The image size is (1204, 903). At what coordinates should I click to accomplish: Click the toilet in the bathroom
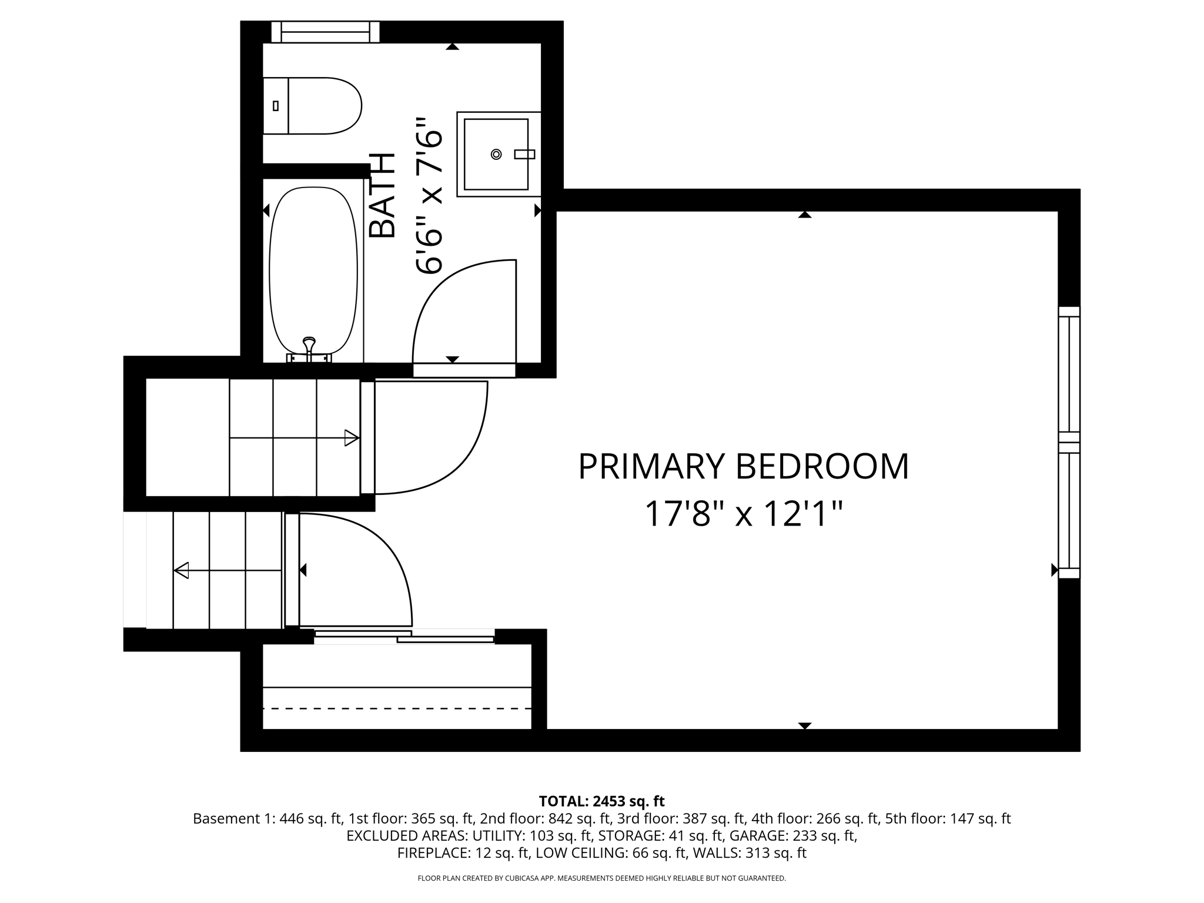[317, 106]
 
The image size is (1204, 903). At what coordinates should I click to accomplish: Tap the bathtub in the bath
[313, 270]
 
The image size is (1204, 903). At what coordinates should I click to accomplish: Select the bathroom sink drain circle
[496, 154]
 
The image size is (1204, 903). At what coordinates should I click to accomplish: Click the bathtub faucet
[309, 347]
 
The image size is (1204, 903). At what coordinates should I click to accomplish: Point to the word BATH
[383, 196]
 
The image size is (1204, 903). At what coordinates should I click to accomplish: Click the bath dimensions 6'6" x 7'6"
[429, 196]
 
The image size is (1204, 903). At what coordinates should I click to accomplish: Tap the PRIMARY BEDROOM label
[743, 467]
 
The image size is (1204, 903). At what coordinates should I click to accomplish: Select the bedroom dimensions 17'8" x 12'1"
[743, 514]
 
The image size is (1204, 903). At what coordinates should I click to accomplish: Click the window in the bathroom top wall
[325, 32]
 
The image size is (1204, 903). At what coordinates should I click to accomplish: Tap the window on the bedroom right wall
[1069, 442]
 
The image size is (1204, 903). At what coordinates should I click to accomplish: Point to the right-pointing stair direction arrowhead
[352, 438]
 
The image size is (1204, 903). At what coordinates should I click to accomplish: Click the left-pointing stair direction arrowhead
[182, 570]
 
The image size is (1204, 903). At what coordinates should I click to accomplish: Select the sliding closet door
[404, 636]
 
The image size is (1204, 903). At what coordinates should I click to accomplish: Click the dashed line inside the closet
[397, 708]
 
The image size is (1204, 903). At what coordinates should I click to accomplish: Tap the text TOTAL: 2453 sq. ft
[601, 801]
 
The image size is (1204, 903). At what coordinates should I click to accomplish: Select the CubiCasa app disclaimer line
[601, 878]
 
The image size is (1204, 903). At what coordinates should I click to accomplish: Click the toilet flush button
[276, 106]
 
